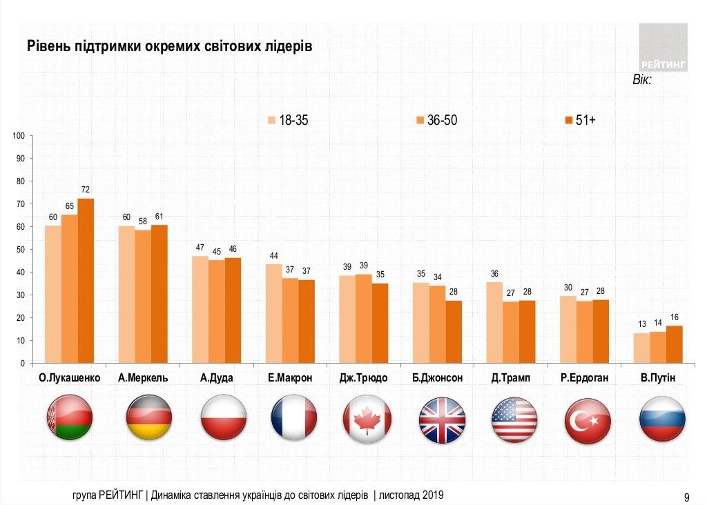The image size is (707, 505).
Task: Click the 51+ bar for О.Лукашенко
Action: (x=86, y=281)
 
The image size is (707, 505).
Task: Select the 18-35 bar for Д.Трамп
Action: (x=494, y=322)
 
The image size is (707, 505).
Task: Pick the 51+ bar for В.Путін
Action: (x=675, y=344)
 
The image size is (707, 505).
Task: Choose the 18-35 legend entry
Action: (x=288, y=121)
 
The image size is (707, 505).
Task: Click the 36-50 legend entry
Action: (x=436, y=121)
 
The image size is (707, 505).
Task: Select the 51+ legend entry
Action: (x=580, y=121)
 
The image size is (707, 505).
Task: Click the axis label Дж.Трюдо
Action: (x=364, y=378)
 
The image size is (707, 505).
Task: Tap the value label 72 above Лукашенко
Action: (x=86, y=189)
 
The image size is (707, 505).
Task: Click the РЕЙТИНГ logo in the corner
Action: (x=663, y=47)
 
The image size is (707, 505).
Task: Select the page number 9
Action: (x=686, y=496)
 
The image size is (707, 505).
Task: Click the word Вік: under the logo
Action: (x=642, y=79)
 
